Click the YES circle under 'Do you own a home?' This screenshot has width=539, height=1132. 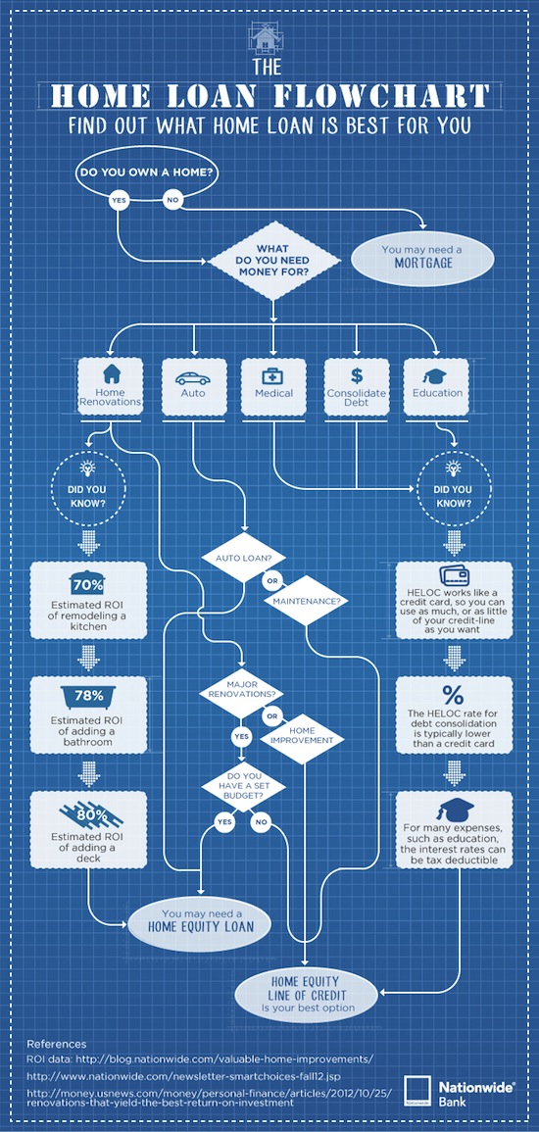click(x=118, y=200)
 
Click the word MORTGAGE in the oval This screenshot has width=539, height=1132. click(x=423, y=264)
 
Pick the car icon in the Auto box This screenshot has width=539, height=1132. click(x=193, y=377)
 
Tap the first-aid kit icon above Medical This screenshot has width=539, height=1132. click(x=273, y=376)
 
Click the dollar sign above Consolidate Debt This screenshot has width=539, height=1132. click(x=357, y=375)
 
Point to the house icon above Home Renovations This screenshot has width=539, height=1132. click(x=111, y=374)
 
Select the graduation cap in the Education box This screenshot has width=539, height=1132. click(x=436, y=376)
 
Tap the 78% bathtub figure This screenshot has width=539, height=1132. click(x=89, y=698)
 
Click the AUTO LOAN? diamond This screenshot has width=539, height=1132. click(x=242, y=559)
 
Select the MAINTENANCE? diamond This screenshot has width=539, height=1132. click(x=306, y=601)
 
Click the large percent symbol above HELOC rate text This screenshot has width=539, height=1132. click(x=453, y=695)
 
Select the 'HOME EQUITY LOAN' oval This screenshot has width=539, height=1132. click(x=201, y=921)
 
